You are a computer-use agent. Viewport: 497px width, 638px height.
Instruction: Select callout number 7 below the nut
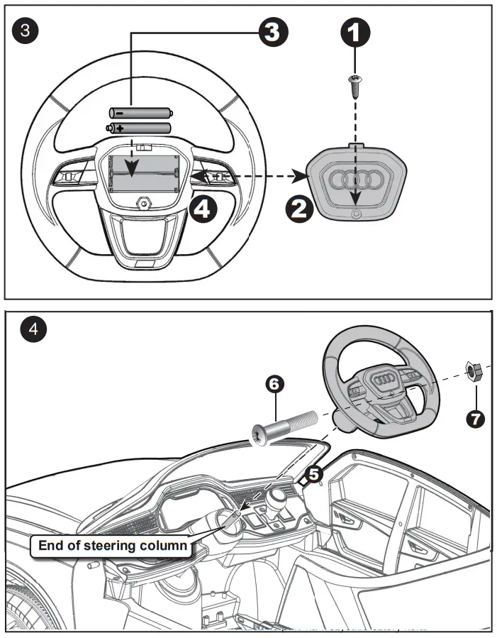(474, 418)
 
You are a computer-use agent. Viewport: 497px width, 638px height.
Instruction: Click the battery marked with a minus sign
(140, 112)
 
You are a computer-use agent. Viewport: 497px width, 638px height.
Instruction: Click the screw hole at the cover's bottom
(357, 214)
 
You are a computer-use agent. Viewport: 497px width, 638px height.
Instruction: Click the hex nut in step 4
(474, 370)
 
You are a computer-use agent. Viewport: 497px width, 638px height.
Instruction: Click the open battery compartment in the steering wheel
(143, 172)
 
